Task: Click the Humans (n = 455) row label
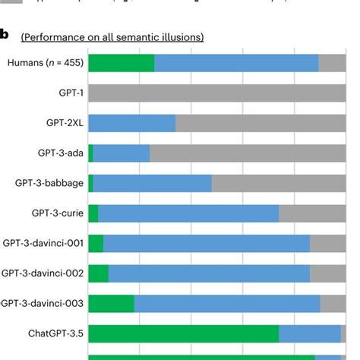click(x=43, y=64)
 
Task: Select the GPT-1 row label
click(x=70, y=93)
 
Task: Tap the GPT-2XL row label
click(x=65, y=123)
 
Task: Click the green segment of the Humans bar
click(x=121, y=64)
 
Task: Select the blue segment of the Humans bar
click(x=236, y=64)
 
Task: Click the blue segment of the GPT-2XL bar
click(x=132, y=123)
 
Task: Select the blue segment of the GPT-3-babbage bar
click(x=152, y=183)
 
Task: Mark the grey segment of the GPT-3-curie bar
click(x=311, y=213)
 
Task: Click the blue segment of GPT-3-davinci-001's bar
click(x=206, y=243)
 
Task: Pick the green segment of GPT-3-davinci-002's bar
click(x=98, y=273)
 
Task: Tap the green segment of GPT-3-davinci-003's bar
click(x=111, y=303)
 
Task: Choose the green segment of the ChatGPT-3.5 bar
click(x=183, y=333)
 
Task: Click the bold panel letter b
click(x=5, y=35)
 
